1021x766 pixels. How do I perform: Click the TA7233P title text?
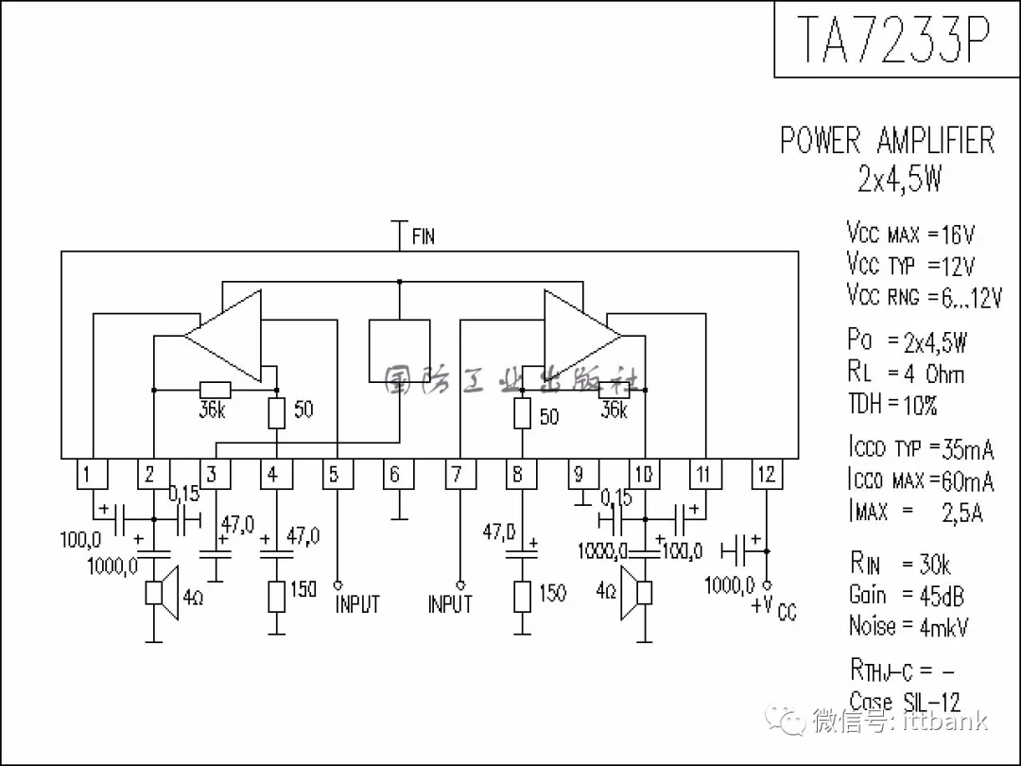click(x=893, y=40)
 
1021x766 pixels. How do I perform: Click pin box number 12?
click(x=766, y=474)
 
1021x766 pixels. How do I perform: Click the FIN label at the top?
click(x=423, y=235)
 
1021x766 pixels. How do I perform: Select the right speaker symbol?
click(x=637, y=593)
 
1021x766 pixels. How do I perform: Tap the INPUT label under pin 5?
click(x=357, y=604)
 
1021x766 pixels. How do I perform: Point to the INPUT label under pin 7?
click(x=449, y=603)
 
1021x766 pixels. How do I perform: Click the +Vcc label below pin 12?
click(x=774, y=608)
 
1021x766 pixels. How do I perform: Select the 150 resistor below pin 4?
click(x=276, y=596)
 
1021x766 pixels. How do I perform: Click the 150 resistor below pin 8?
click(x=522, y=597)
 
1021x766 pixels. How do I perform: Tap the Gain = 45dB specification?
click(x=907, y=595)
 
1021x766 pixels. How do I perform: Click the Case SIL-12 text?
click(x=905, y=702)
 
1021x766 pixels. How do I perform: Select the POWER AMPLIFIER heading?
click(x=887, y=141)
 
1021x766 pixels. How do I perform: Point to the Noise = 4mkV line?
click(x=909, y=626)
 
